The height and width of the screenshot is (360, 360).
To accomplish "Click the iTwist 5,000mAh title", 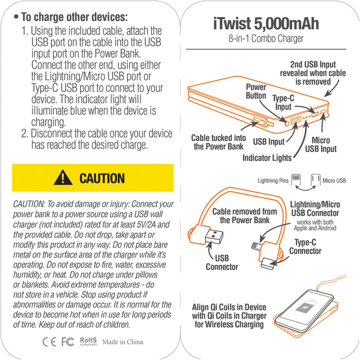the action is pos(266,24).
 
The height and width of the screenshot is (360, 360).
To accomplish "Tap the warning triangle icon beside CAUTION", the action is pos(63,178).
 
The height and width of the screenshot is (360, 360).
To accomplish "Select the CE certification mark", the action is pos(49,342).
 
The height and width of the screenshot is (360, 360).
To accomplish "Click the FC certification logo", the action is pos(68,342).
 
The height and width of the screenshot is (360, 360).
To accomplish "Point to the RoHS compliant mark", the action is pos(88,341).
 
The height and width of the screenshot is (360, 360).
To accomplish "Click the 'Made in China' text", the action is pos(123,342).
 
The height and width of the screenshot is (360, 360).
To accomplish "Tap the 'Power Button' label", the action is pos(256,92).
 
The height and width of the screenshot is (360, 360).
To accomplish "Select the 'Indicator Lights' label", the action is pos(267,158).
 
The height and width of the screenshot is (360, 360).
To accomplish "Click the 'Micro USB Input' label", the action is pos(321,145).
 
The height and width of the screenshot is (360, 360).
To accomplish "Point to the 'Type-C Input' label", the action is pos(283,102).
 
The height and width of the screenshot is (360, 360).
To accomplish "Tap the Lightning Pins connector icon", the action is pos(296,179).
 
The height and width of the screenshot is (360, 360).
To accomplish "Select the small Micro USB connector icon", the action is pos(316,179).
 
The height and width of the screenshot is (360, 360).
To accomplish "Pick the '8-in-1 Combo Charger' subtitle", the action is pos(266,39).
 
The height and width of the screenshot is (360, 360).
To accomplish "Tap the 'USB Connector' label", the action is pos(222,262).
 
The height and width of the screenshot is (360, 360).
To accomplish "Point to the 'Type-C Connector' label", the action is pos(305,246).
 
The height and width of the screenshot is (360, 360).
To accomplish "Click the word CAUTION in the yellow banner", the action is pos(102,178).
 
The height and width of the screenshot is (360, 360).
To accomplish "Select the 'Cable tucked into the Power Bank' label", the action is pos(219,142).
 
